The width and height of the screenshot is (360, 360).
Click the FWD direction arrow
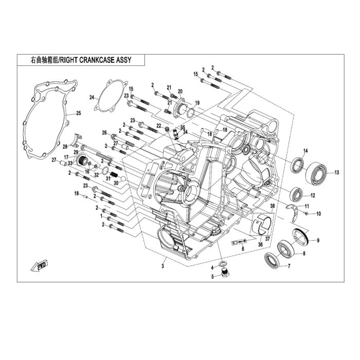point(39,266)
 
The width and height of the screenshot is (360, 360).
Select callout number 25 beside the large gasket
point(79,113)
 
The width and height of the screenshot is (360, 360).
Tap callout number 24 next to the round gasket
point(92,98)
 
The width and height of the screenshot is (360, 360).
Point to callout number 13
point(336,172)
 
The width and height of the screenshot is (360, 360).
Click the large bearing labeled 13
point(316,173)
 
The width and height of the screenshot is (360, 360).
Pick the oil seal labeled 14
point(298,165)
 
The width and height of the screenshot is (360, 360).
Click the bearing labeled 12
point(297,195)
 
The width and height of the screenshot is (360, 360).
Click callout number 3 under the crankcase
point(163,266)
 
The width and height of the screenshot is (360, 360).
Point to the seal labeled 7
point(272,260)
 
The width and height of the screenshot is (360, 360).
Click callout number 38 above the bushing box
point(272,206)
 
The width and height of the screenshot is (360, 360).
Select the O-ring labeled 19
point(191,114)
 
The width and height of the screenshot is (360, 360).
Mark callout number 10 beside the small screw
point(318,214)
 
